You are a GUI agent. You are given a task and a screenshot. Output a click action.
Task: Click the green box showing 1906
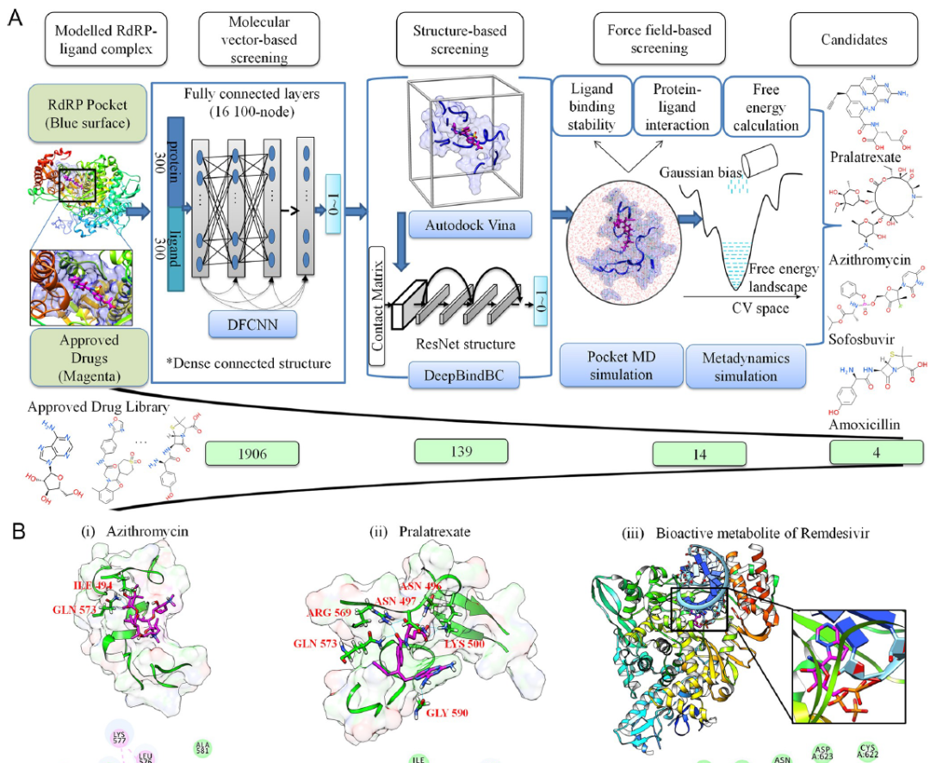coord(251,454)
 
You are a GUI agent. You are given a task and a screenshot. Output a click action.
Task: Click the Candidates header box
coord(853,39)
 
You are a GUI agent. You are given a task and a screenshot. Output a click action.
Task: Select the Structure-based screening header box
coord(451,40)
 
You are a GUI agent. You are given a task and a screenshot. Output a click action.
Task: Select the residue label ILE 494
coord(90,586)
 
